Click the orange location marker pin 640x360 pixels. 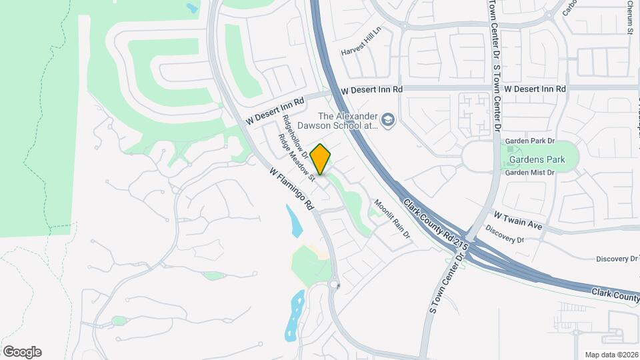[321, 159]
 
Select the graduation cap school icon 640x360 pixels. [389, 121]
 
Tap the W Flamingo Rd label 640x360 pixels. [292, 189]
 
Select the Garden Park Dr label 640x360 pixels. [530, 141]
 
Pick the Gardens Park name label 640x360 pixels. [537, 159]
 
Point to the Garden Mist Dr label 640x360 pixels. [529, 173]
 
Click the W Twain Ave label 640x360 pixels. [518, 221]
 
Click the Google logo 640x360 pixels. [22, 351]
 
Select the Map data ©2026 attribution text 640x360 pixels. [611, 354]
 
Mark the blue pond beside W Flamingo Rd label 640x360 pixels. [293, 221]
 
